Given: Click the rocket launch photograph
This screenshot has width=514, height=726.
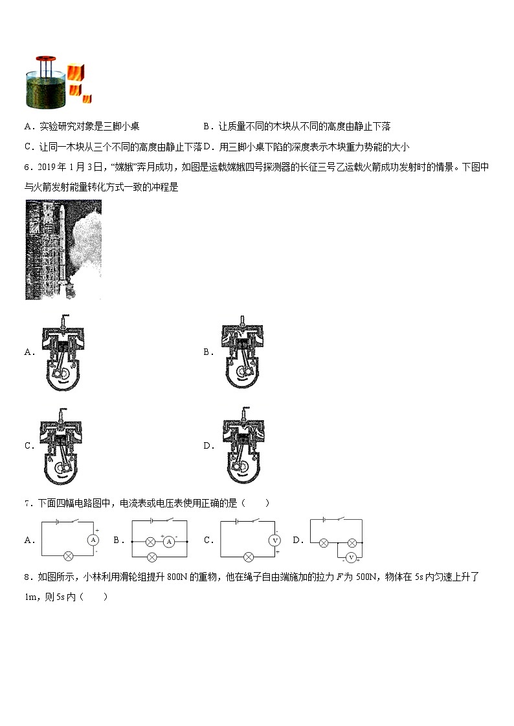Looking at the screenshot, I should pos(63,250).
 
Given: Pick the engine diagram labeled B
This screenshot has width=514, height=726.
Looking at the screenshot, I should pos(242,353).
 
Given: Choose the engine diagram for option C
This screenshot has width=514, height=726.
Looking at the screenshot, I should pos(63,447).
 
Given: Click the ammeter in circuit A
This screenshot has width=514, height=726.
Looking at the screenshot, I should pos(93,539).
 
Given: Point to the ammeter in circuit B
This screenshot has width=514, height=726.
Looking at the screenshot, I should pos(169,542).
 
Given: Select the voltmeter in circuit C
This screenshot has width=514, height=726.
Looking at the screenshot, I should pos(274,540).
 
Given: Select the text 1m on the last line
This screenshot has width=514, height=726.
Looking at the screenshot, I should pos(30,596).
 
